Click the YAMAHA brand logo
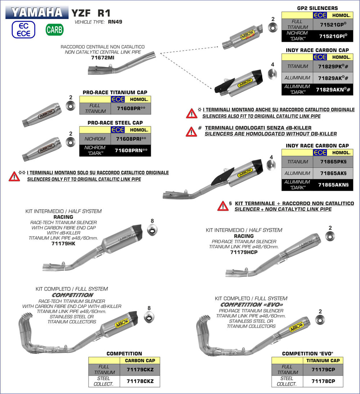click(x=36, y=12)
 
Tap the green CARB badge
click(x=54, y=30)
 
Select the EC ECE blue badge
click(x=23, y=30)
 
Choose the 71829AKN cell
click(x=333, y=89)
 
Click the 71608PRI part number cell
click(x=131, y=139)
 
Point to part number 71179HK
click(x=63, y=243)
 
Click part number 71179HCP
click(x=243, y=252)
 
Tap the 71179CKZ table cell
click(x=140, y=370)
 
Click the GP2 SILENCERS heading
click(x=317, y=8)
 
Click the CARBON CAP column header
click(x=140, y=360)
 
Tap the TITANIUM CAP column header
click(x=323, y=360)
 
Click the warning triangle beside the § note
click(x=223, y=206)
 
